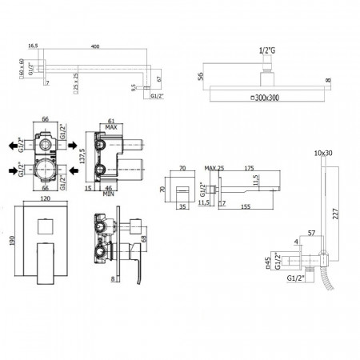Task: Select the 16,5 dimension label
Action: (x=33, y=46)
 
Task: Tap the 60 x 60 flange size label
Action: (x=21, y=74)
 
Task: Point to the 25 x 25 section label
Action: (x=75, y=84)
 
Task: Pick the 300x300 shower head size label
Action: (x=269, y=96)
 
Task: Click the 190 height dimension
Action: (x=10, y=241)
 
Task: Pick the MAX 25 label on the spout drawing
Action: (x=213, y=168)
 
